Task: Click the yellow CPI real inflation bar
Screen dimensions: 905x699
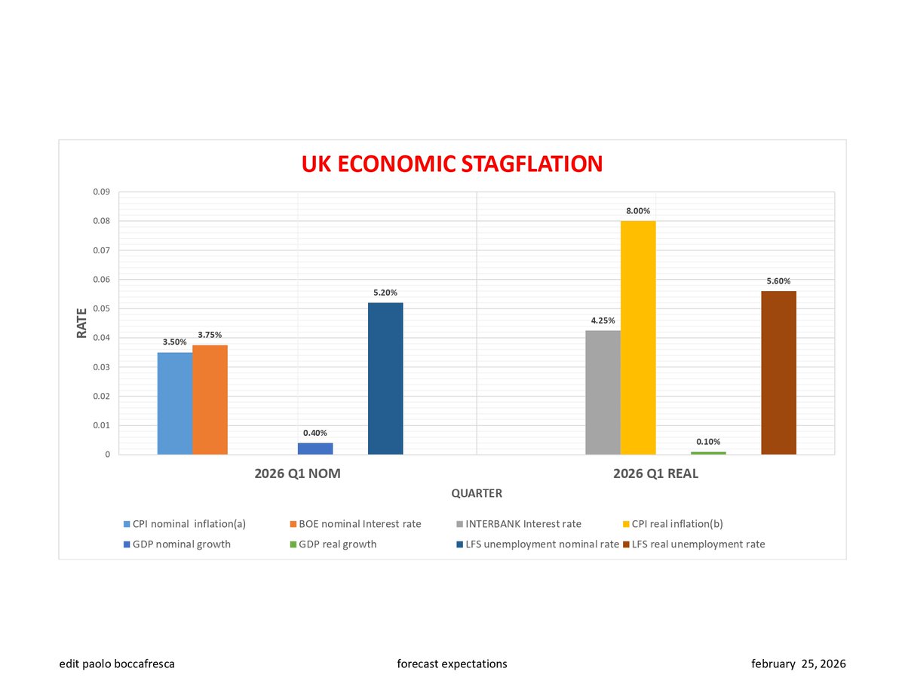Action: click(x=637, y=337)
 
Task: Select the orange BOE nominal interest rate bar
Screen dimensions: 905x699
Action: click(x=210, y=400)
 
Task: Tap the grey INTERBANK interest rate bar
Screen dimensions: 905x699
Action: click(x=603, y=392)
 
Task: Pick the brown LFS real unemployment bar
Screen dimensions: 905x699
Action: click(x=778, y=372)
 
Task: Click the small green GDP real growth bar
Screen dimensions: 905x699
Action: click(x=708, y=453)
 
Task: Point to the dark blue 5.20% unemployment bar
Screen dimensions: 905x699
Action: click(x=385, y=379)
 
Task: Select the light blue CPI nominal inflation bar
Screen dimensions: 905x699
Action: click(x=175, y=403)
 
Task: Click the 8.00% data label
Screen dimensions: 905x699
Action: click(x=637, y=211)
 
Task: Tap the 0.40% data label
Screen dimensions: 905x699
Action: click(x=314, y=433)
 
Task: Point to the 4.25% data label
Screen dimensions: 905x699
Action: click(x=603, y=320)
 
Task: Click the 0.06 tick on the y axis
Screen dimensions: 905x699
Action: click(x=102, y=279)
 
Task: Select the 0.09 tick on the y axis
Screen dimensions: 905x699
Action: click(x=102, y=192)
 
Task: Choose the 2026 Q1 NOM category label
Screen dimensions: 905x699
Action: click(x=297, y=474)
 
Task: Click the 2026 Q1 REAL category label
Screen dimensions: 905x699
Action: click(x=655, y=474)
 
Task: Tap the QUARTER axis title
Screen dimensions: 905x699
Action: click(x=477, y=493)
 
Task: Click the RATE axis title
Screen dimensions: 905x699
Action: click(x=81, y=323)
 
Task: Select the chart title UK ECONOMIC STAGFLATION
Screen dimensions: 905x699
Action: click(x=452, y=164)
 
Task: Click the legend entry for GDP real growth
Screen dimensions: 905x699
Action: click(x=333, y=544)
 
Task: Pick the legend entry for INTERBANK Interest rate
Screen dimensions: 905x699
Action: click(x=519, y=524)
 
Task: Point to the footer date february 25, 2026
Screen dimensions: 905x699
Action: click(x=799, y=664)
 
